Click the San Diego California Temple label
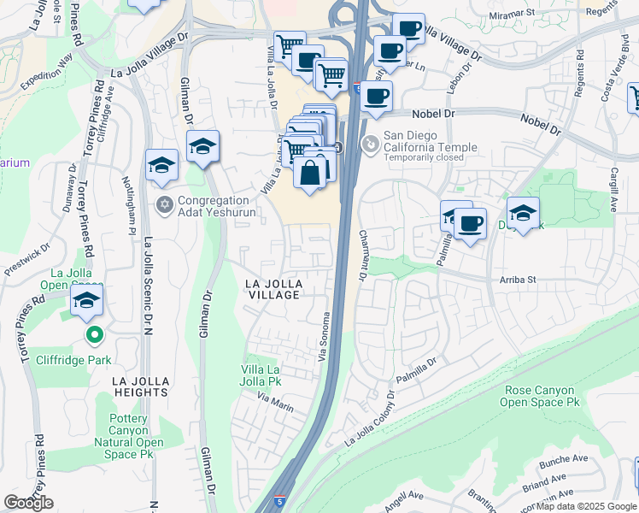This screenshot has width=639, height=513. (430, 141)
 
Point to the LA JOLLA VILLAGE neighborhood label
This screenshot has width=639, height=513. (273, 288)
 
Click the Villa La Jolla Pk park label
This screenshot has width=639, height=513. (261, 375)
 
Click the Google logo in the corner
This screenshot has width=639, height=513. (28, 503)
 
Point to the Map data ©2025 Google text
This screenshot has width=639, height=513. (586, 506)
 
